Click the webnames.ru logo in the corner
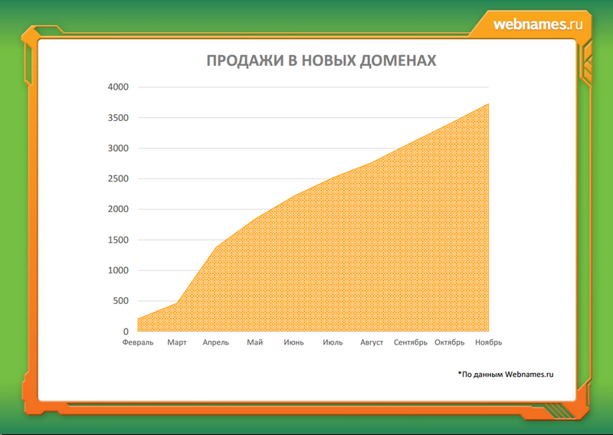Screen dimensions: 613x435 [x=538, y=25]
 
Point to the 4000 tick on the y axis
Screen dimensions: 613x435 [x=118, y=87]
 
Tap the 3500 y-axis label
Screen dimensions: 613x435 [x=118, y=118]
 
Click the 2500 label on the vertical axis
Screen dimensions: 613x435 [x=118, y=178]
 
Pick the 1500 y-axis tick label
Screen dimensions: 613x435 [x=118, y=240]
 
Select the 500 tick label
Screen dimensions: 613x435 [x=121, y=301]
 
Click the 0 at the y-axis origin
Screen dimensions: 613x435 [x=126, y=332]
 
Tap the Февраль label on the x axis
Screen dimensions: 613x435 [x=138, y=343]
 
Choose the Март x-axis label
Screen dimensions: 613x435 [x=177, y=343]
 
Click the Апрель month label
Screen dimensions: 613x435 [x=216, y=343]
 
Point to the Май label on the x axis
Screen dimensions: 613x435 [x=255, y=343]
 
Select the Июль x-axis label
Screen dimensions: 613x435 [x=333, y=343]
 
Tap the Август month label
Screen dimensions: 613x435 [x=372, y=343]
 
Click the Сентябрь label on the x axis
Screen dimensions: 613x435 [x=411, y=343]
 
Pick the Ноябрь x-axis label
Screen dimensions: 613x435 [x=489, y=343]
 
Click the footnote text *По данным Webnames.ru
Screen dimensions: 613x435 [x=506, y=374]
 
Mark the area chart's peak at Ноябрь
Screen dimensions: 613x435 [x=488, y=104]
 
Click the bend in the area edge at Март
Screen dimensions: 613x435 [x=177, y=303]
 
